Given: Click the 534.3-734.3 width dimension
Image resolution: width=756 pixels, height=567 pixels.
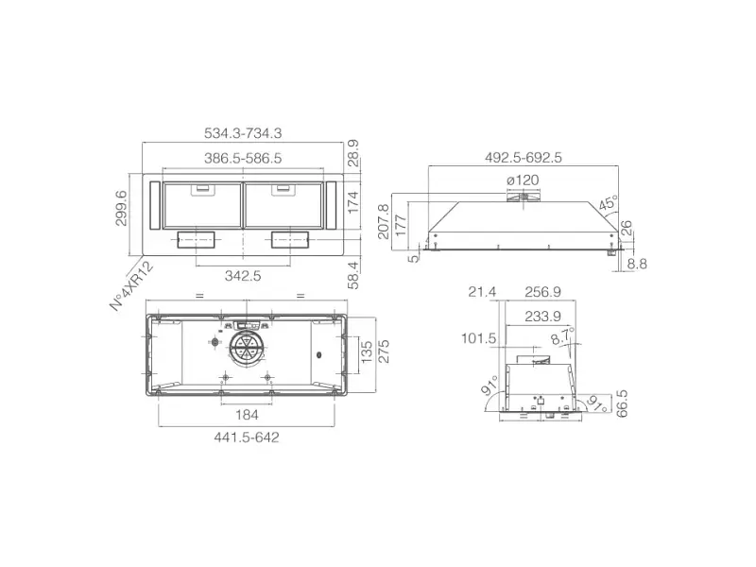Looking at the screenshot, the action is pyautogui.click(x=243, y=133).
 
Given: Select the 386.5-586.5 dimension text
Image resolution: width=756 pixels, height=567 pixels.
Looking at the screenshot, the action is pyautogui.click(x=243, y=158).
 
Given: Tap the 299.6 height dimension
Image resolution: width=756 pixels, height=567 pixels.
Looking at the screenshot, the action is pyautogui.click(x=122, y=208).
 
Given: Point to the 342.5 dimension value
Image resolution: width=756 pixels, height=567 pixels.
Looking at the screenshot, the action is pyautogui.click(x=243, y=276).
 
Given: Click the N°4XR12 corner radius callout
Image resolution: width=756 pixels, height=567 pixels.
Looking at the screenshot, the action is pyautogui.click(x=132, y=286).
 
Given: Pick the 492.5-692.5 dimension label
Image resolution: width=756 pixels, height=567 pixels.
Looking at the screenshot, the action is pyautogui.click(x=524, y=158).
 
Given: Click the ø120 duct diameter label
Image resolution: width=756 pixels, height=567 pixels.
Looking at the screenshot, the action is pyautogui.click(x=523, y=180).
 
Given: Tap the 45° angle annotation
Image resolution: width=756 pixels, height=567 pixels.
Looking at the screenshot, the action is pyautogui.click(x=608, y=203).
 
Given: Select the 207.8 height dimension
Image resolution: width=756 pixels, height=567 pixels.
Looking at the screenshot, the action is pyautogui.click(x=384, y=221).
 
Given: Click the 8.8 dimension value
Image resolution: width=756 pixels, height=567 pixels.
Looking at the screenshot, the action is pyautogui.click(x=637, y=265).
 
